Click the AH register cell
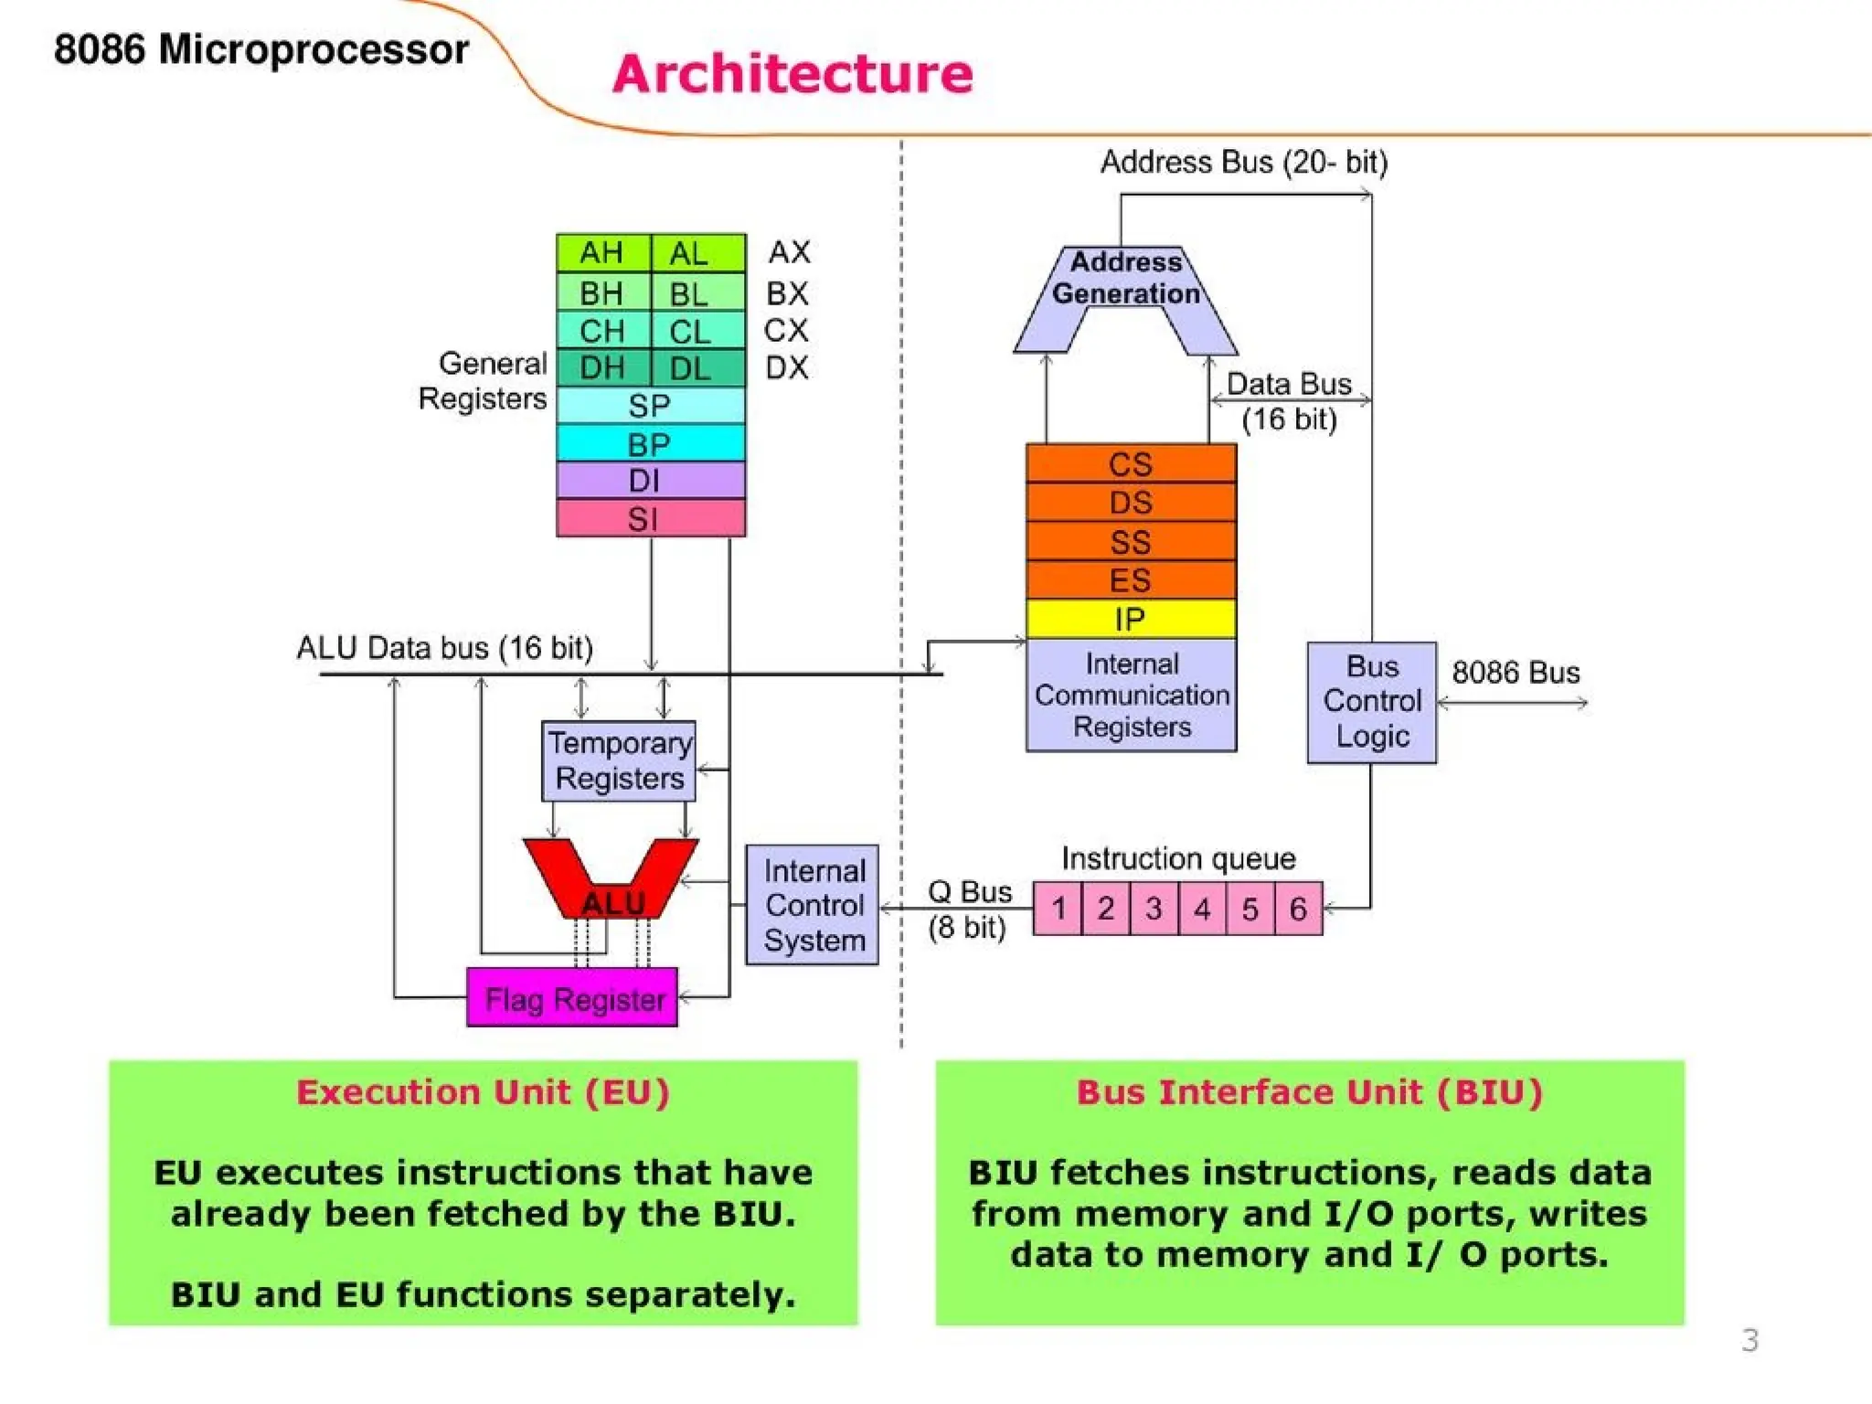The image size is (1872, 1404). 602,253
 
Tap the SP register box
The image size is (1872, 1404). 650,406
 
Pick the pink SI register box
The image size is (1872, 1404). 650,519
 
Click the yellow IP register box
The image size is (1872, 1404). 1131,620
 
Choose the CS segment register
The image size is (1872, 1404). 1131,464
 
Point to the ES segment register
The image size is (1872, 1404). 1131,580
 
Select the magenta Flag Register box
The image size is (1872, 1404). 572,998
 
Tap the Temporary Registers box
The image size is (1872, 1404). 619,761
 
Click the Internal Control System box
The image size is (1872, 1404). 813,905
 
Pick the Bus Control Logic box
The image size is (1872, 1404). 1371,702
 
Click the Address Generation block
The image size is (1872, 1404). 1125,279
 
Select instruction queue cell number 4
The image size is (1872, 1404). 1202,909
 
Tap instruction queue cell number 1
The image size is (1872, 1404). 1058,909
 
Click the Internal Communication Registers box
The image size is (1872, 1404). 1131,696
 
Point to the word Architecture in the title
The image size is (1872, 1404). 792,74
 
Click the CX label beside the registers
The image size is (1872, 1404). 786,330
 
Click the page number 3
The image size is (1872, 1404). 1750,1340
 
